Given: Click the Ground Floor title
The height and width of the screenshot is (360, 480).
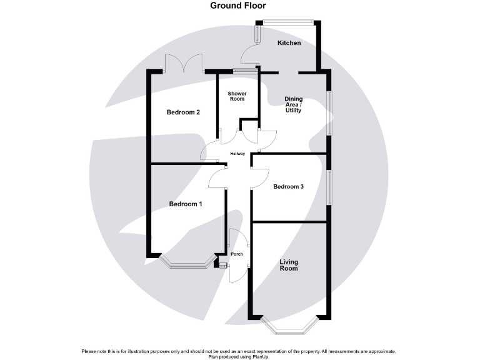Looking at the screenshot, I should pyautogui.click(x=237, y=6).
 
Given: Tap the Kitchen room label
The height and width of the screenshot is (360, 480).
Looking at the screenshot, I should pyautogui.click(x=289, y=43).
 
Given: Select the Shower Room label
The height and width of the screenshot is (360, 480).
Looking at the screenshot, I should pyautogui.click(x=237, y=96).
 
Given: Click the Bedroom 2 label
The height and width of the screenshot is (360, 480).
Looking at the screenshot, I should pyautogui.click(x=183, y=112).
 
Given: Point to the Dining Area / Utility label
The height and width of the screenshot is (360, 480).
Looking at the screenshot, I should pyautogui.click(x=293, y=104).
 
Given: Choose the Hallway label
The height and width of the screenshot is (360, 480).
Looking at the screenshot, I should pyautogui.click(x=237, y=154).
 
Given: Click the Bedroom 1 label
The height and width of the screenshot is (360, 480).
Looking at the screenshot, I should pyautogui.click(x=186, y=204).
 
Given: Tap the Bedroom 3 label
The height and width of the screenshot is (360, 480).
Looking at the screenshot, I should pyautogui.click(x=289, y=186).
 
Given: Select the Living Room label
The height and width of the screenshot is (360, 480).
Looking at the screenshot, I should pyautogui.click(x=289, y=265).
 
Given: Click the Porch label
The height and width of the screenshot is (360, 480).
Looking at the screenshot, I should pyautogui.click(x=237, y=254).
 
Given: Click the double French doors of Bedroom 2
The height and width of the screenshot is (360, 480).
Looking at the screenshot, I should pyautogui.click(x=184, y=64).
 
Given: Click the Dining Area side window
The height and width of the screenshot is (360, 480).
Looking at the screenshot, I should pyautogui.click(x=330, y=113).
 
